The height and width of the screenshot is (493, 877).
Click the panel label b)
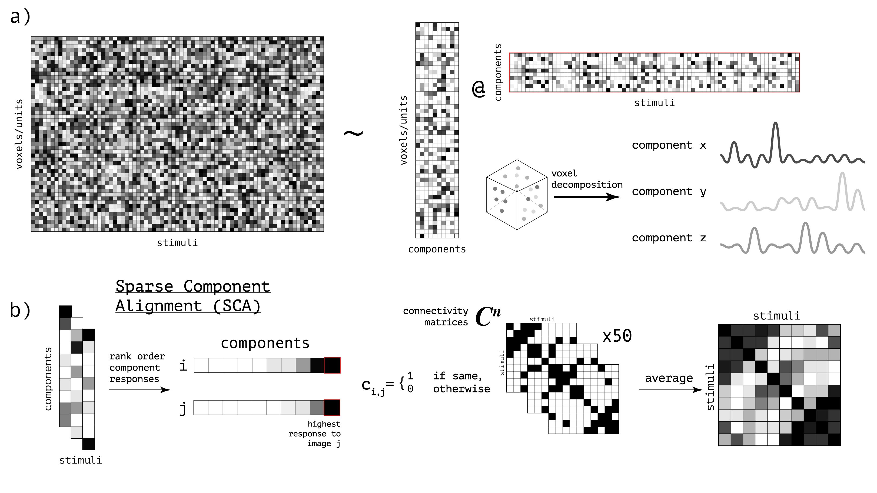pos(21,310)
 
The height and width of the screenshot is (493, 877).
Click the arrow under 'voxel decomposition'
pos(587,197)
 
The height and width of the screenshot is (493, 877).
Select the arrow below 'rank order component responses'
pos(139,390)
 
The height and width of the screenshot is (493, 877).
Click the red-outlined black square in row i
pos(332,365)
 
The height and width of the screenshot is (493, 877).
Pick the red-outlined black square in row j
pos(332,408)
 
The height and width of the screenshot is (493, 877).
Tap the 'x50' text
pos(617,336)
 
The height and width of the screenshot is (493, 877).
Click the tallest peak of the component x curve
pos(775,124)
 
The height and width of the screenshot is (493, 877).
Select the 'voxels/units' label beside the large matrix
pos(19,134)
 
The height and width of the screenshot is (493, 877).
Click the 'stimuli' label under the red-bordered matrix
pos(654,103)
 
